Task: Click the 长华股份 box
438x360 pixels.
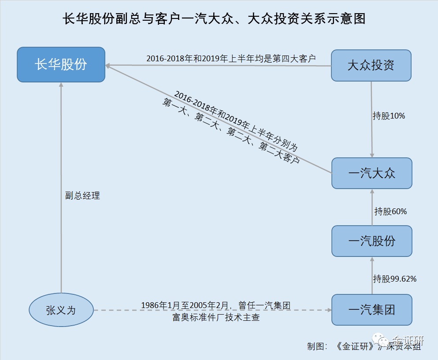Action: [x=61, y=64]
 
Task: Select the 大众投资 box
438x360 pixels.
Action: [x=371, y=66]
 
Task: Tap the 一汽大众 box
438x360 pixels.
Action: [x=371, y=173]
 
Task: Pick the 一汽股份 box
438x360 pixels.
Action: [x=371, y=241]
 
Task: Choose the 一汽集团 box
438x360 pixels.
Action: [x=371, y=310]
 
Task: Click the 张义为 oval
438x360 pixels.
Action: [x=61, y=310]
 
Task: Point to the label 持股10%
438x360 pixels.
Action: [x=388, y=116]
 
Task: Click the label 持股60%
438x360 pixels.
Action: [x=390, y=212]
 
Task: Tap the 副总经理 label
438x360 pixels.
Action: [x=82, y=196]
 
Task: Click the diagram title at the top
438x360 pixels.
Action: [x=215, y=19]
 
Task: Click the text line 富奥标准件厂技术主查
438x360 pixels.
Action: [x=215, y=317]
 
